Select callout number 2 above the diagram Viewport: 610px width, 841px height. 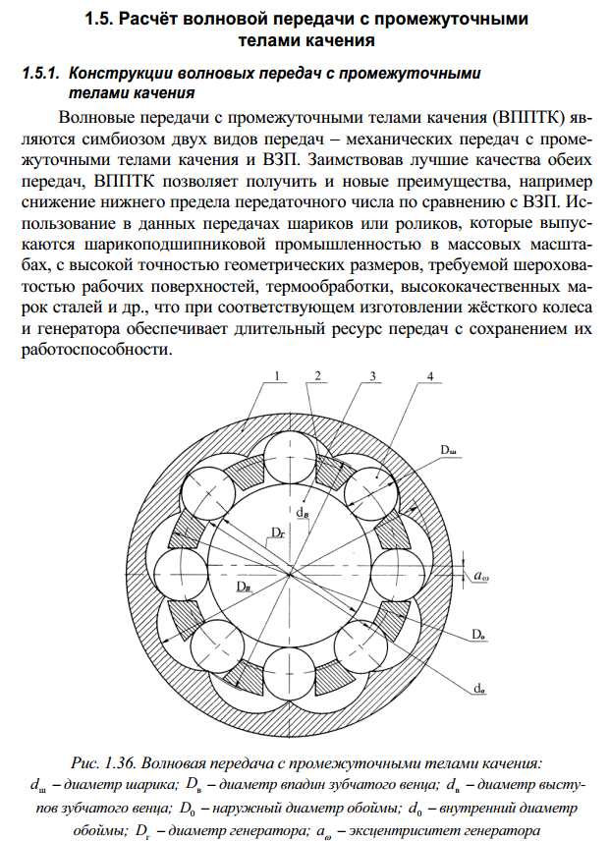319,376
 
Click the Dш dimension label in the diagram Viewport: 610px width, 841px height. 449,449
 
